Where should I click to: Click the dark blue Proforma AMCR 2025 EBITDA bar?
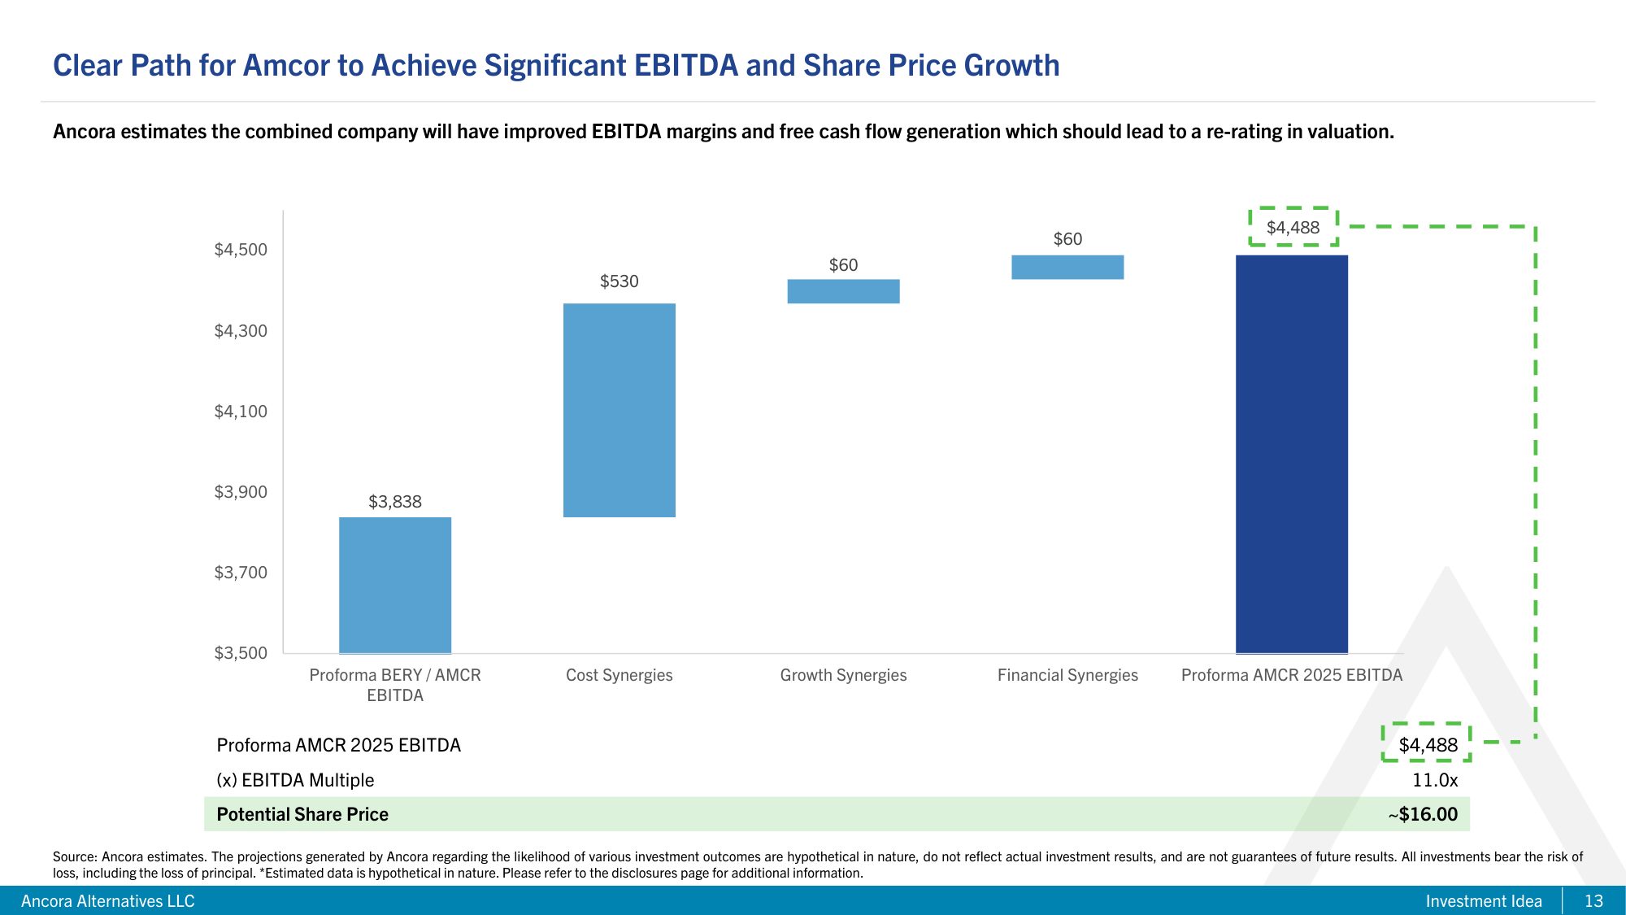point(1291,454)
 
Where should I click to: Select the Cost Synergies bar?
point(619,410)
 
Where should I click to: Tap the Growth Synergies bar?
point(843,291)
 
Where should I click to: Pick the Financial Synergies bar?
point(1067,267)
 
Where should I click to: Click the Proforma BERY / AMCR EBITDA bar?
point(394,585)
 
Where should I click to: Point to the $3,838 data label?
point(394,502)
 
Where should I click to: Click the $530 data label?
point(619,281)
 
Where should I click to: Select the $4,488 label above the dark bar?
point(1293,228)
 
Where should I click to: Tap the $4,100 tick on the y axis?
point(241,412)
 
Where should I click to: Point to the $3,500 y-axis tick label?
point(241,653)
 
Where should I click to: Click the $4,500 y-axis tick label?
point(241,250)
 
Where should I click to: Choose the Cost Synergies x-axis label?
point(619,675)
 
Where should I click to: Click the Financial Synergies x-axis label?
point(1067,675)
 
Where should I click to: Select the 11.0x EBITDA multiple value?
point(1434,780)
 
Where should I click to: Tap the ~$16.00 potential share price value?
point(1423,814)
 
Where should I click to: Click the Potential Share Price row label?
point(302,814)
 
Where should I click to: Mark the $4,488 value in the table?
point(1428,745)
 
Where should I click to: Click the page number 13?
point(1593,901)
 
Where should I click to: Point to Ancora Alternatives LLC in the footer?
point(107,901)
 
